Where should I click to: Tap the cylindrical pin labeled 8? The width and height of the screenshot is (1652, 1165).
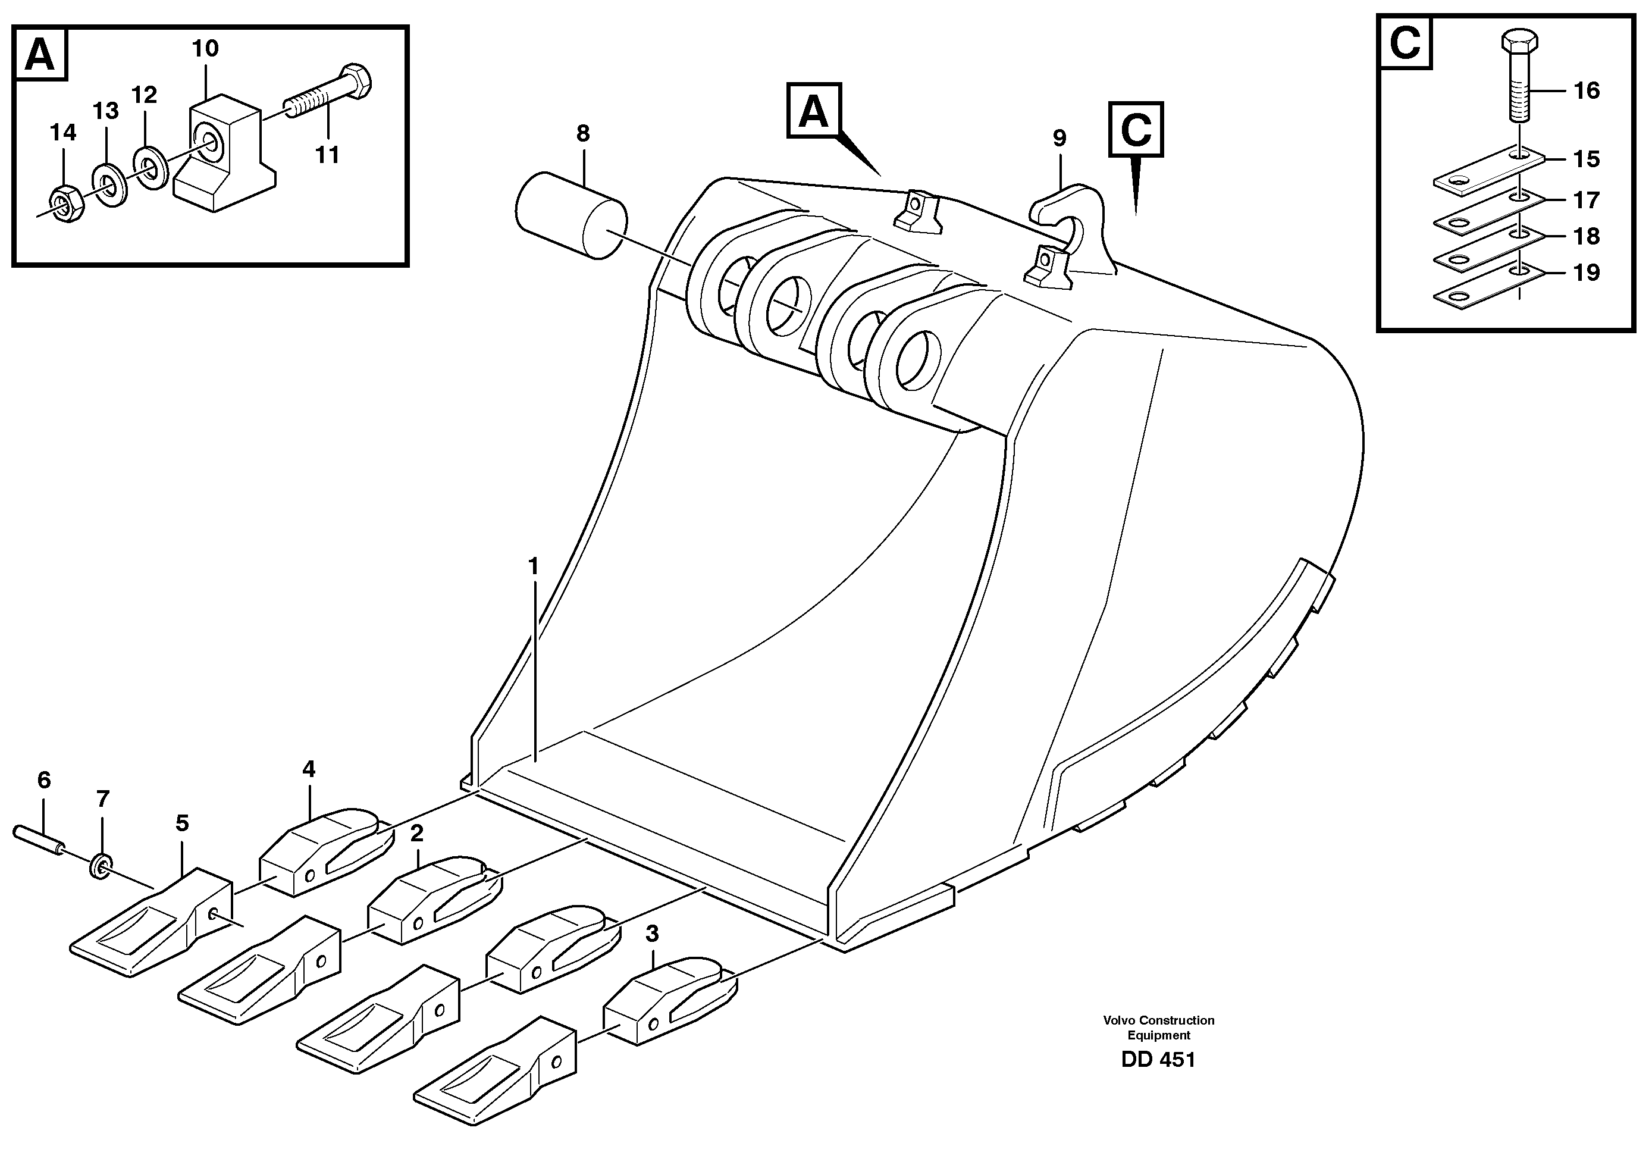pos(570,214)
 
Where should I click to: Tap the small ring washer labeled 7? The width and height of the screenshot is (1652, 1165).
pos(101,866)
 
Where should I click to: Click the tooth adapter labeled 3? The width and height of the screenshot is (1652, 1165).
pos(666,1000)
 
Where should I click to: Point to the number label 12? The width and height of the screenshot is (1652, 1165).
pos(144,95)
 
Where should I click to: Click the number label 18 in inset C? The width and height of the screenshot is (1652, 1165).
pos(1586,237)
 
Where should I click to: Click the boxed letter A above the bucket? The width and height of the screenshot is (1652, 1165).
pos(814,111)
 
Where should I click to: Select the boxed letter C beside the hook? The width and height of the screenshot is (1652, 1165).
pos(1136,130)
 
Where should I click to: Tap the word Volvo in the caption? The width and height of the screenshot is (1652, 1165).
pos(1119,1020)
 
